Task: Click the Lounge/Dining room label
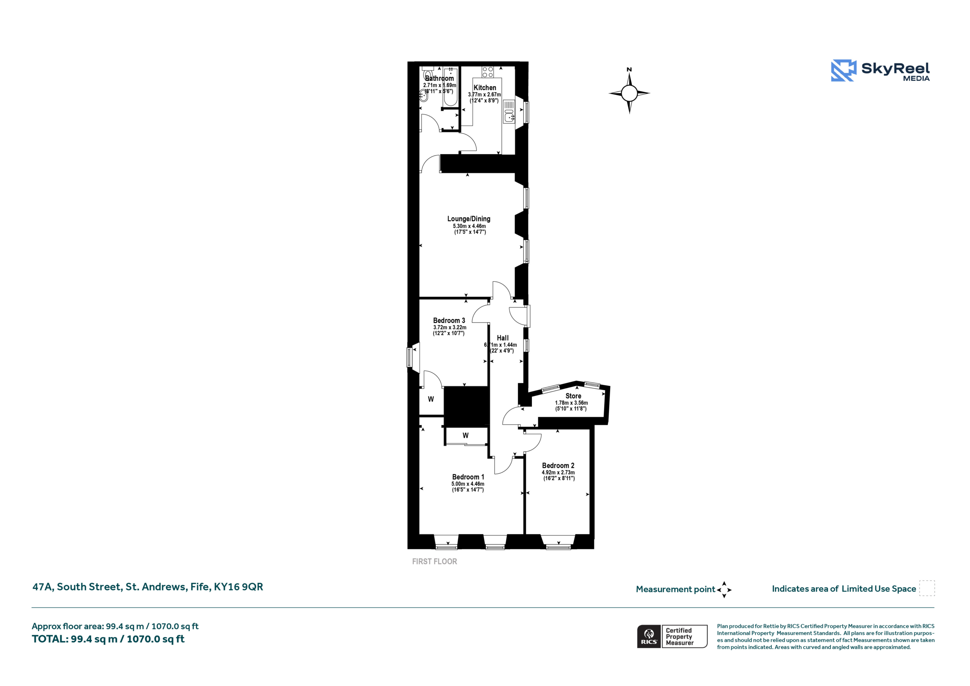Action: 469,219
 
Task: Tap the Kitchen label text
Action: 485,88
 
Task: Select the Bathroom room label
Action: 440,78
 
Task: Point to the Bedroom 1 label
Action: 468,477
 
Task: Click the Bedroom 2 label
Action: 558,465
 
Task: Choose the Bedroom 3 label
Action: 449,320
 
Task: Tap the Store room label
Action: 573,396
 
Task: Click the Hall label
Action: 503,338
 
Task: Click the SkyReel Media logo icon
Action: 843,70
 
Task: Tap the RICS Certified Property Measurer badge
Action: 672,636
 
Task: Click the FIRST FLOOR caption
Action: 434,561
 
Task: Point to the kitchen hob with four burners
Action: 488,72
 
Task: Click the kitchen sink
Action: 509,117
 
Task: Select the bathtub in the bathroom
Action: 450,86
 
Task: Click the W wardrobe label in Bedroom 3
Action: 431,399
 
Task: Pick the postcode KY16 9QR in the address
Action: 238,587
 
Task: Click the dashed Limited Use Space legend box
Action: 927,588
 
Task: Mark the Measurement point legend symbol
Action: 724,590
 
